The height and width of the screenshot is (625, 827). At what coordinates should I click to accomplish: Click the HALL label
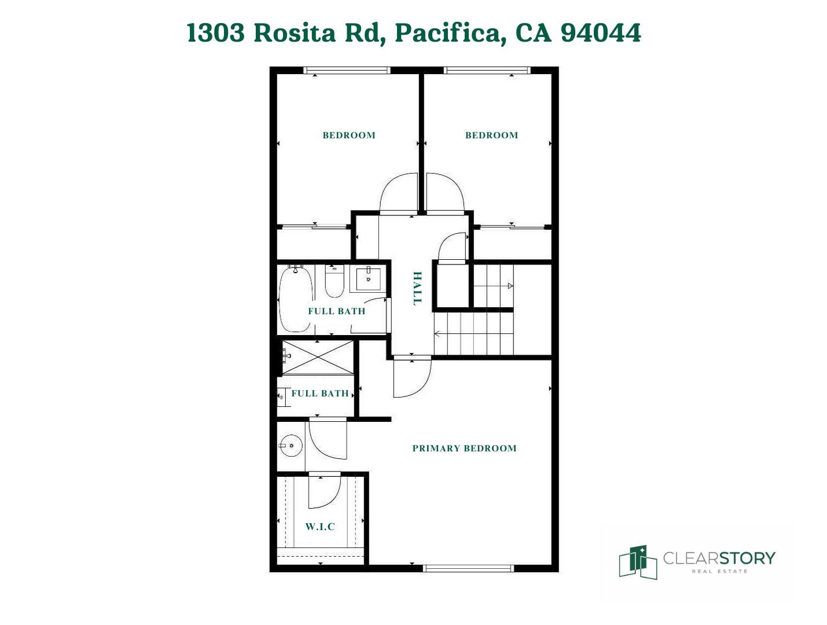point(417,288)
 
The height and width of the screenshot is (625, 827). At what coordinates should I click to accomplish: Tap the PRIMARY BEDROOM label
point(464,448)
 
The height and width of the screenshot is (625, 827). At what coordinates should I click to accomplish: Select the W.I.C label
point(320,527)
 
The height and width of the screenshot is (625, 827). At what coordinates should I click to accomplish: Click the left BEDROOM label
point(349,135)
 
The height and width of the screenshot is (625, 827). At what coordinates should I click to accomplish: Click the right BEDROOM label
point(491,135)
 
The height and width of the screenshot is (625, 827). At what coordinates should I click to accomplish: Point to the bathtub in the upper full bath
point(296,298)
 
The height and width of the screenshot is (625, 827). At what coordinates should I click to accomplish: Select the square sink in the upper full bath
point(368,279)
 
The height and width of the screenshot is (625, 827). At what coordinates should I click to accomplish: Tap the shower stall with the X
point(318,358)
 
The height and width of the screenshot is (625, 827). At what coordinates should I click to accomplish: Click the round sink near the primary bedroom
point(291,446)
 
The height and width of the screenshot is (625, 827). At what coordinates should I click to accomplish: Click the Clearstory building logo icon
point(637,561)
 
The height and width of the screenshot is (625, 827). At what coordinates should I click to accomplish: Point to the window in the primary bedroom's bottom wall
point(469,568)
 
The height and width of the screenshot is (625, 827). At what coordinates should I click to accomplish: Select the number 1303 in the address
point(216,33)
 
